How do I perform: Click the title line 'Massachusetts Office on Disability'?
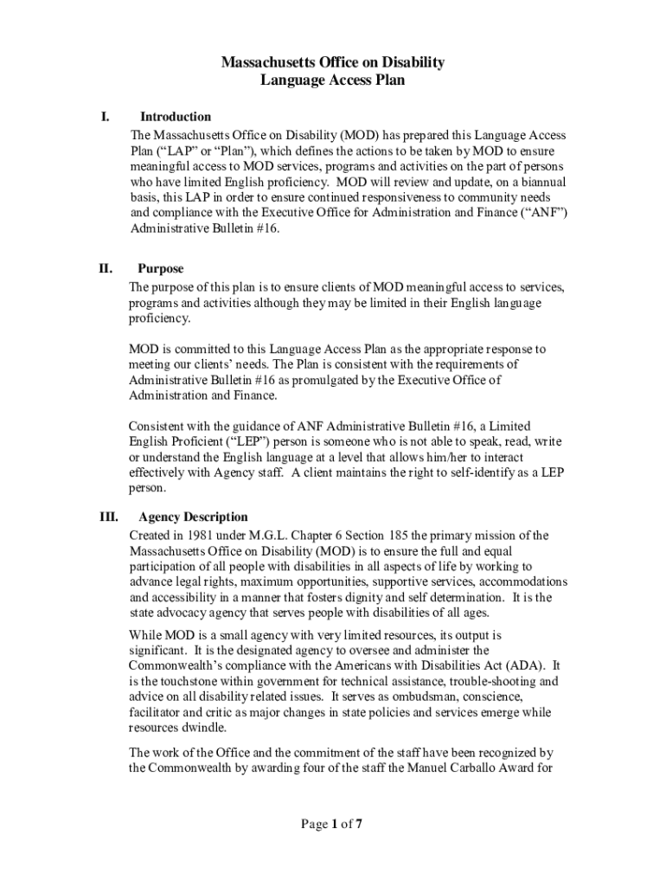[x=333, y=62]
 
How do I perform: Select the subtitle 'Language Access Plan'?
[x=333, y=80]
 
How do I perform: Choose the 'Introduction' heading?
[x=176, y=117]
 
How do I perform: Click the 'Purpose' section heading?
[x=161, y=269]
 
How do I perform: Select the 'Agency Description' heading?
[x=193, y=517]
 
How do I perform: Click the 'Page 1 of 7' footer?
[x=331, y=825]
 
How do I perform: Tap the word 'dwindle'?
[x=208, y=728]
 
